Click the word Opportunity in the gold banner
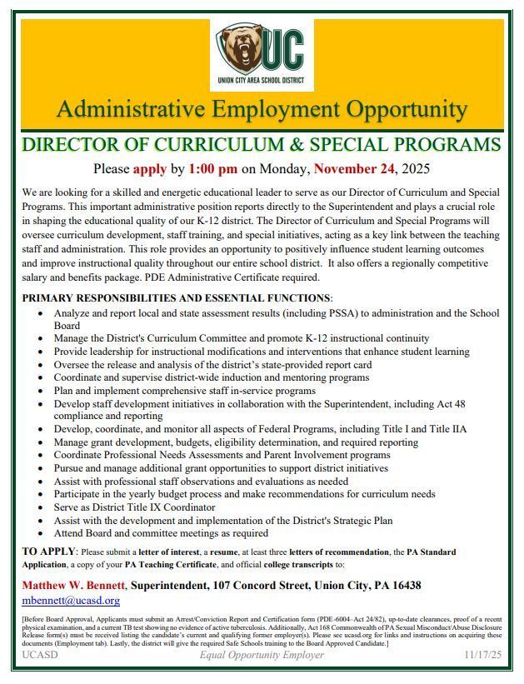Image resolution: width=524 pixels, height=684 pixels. point(395,109)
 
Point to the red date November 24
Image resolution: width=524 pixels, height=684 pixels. point(354,169)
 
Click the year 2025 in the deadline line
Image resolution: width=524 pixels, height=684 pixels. point(415,169)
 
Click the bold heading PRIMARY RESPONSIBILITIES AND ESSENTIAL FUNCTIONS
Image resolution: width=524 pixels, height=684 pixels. point(176,298)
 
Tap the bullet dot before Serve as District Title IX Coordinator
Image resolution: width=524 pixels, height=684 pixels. point(42,507)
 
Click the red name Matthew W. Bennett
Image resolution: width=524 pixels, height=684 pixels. point(74,586)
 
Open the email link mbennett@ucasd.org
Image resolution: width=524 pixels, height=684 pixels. point(71,600)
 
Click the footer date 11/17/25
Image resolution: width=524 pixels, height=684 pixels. point(482,656)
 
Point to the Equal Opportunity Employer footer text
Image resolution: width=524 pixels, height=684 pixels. point(262,656)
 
